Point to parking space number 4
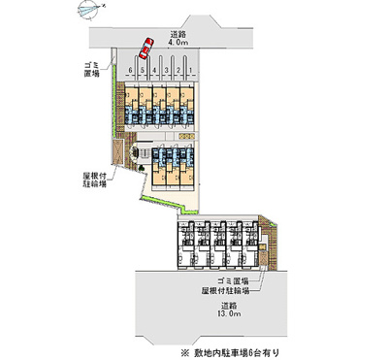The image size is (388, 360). pyautogui.click(x=154, y=70)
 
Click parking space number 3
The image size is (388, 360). pyautogui.click(x=167, y=70)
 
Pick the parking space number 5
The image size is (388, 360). pyautogui.click(x=143, y=70)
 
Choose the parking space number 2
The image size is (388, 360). pyautogui.click(x=178, y=70)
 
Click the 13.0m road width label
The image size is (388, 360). pyautogui.click(x=226, y=315)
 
